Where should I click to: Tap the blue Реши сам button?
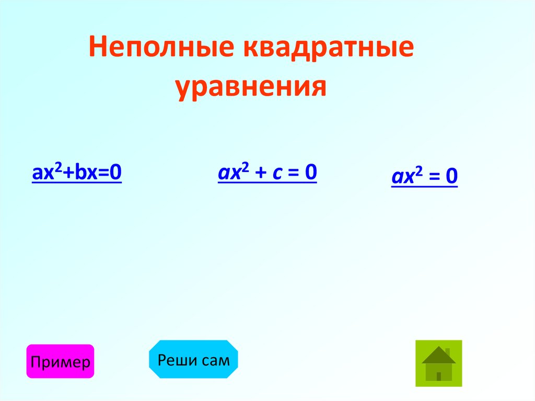(194, 359)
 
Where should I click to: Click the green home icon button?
(439, 363)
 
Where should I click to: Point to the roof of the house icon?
(438, 356)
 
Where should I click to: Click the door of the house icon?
(439, 376)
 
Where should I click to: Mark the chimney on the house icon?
(447, 350)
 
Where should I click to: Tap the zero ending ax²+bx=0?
(116, 173)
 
